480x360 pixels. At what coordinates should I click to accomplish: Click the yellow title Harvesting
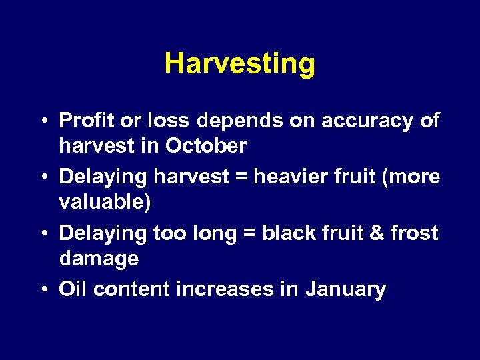239,64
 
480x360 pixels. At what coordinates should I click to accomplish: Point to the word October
206,145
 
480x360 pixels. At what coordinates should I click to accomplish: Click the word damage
99,259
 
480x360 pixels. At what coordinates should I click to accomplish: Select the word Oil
73,289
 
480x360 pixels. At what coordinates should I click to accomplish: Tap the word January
346,289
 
